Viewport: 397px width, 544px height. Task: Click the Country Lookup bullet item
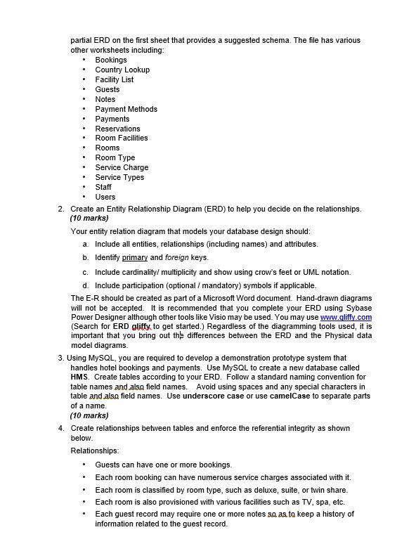click(122, 70)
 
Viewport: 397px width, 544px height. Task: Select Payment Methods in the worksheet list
click(126, 109)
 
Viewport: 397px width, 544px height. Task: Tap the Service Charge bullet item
click(122, 167)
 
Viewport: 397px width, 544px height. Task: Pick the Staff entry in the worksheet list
click(103, 187)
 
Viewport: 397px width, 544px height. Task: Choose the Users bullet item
click(105, 197)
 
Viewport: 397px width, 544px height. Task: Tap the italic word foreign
click(176, 258)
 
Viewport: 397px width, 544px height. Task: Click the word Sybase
click(356, 309)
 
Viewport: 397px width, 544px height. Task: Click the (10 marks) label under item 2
click(89, 219)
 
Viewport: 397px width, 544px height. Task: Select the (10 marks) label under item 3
click(89, 415)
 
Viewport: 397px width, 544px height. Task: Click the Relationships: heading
click(95, 451)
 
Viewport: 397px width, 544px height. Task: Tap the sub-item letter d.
click(85, 285)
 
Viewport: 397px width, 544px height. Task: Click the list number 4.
click(61, 428)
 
